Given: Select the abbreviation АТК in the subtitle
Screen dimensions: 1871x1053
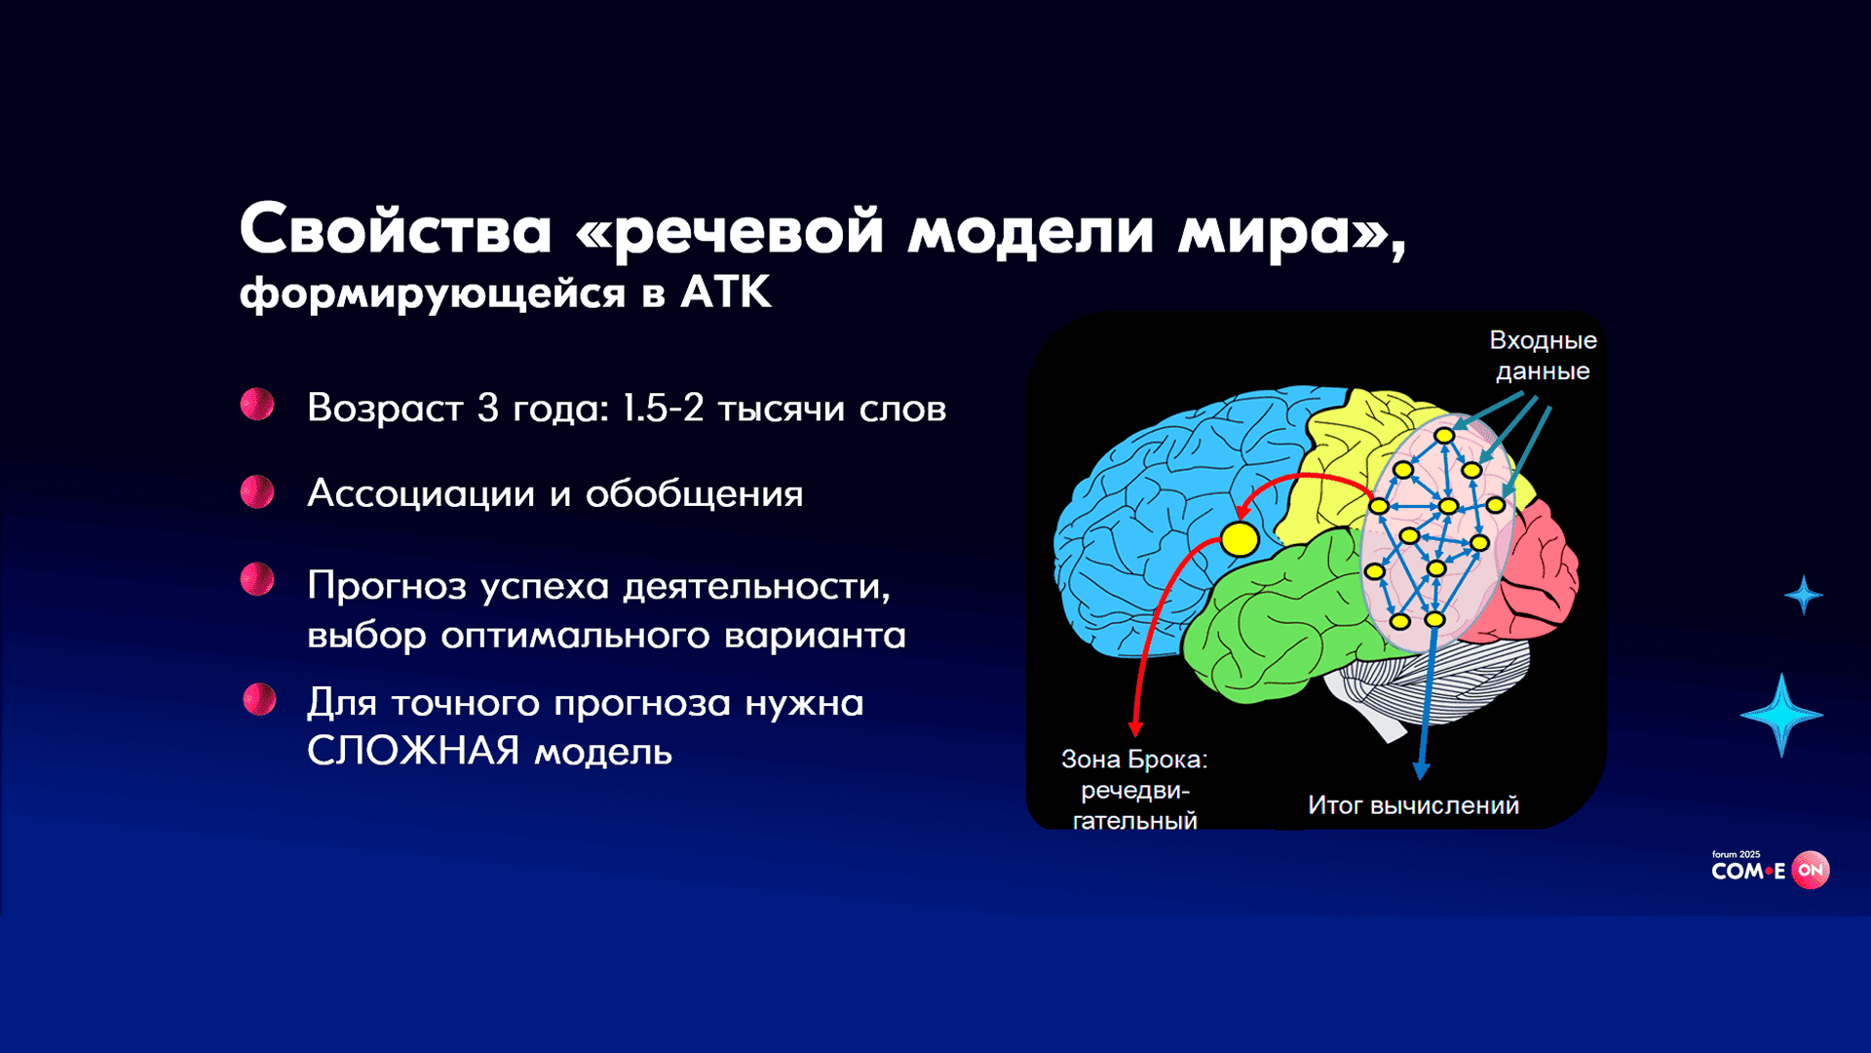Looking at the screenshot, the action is click(x=726, y=292).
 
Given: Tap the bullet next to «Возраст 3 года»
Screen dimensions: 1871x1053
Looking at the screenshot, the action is click(x=257, y=404).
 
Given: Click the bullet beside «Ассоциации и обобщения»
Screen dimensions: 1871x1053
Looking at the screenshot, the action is click(x=257, y=491).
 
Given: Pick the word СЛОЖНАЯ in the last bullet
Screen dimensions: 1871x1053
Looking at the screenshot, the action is click(x=413, y=751).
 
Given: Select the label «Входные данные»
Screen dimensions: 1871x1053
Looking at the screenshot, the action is click(x=1543, y=355).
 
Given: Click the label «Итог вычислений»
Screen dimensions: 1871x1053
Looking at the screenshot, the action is click(x=1413, y=805).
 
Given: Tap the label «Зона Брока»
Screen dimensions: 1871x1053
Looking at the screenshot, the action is click(x=1134, y=760).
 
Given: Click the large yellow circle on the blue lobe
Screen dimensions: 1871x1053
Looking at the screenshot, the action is click(x=1240, y=539).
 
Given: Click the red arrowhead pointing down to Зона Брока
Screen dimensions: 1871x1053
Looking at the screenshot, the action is click(x=1135, y=728).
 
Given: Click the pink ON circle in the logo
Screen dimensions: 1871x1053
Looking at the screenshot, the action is click(x=1811, y=870).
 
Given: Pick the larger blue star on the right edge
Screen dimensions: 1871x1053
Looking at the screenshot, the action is click(x=1781, y=715).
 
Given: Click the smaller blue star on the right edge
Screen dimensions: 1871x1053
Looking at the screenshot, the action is click(x=1804, y=595).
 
